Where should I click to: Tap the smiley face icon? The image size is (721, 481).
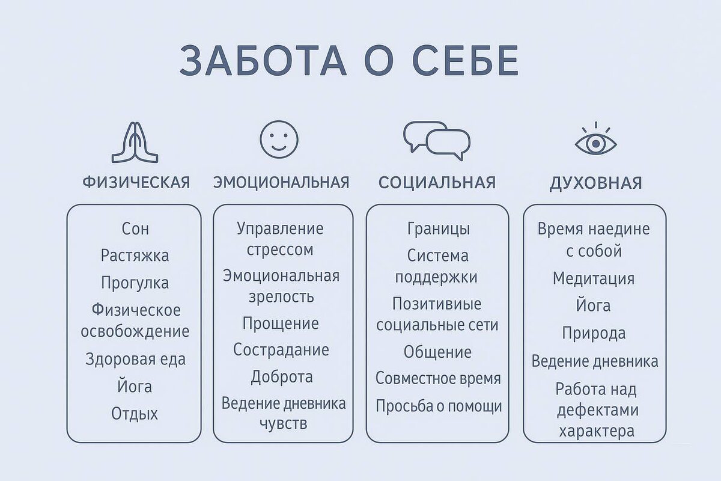pyautogui.click(x=279, y=139)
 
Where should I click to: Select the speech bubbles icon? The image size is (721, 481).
pyautogui.click(x=437, y=141)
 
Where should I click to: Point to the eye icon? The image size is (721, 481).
pyautogui.click(x=595, y=141)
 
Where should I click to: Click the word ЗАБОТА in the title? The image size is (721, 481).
pyautogui.click(x=263, y=61)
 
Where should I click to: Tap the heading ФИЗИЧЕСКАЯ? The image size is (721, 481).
pyautogui.click(x=136, y=183)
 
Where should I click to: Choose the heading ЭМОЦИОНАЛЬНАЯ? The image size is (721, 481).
pyautogui.click(x=281, y=183)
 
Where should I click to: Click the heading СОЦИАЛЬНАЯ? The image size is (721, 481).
pyautogui.click(x=437, y=183)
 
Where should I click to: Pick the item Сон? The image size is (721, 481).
pyautogui.click(x=135, y=229)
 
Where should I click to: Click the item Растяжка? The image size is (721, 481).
pyautogui.click(x=135, y=256)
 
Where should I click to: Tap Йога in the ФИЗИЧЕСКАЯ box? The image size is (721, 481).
pyautogui.click(x=135, y=387)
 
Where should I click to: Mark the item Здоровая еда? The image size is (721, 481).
pyautogui.click(x=135, y=360)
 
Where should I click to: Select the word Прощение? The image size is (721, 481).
pyautogui.click(x=281, y=323)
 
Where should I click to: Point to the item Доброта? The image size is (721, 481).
pyautogui.click(x=282, y=378)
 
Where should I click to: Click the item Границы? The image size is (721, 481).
pyautogui.click(x=439, y=229)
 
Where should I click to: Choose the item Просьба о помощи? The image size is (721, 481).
pyautogui.click(x=439, y=406)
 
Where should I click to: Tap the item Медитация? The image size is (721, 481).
pyautogui.click(x=594, y=279)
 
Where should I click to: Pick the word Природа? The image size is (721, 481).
pyautogui.click(x=594, y=333)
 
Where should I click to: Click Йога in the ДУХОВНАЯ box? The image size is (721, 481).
pyautogui.click(x=594, y=306)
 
